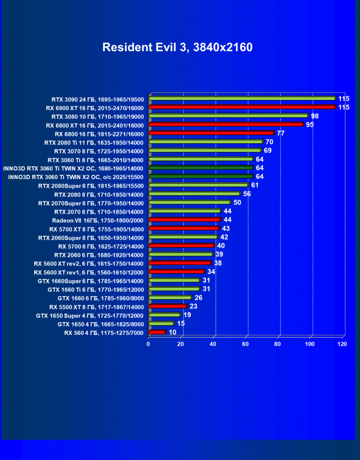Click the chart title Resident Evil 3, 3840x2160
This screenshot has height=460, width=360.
click(x=178, y=47)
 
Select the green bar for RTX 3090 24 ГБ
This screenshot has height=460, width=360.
click(x=242, y=99)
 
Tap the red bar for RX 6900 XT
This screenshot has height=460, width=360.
click(x=242, y=107)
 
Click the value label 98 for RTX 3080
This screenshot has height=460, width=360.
click(x=315, y=116)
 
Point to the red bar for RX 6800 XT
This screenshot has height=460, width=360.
click(x=226, y=125)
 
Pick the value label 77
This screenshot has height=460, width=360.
click(x=280, y=133)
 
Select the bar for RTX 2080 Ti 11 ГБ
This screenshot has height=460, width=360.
click(x=206, y=142)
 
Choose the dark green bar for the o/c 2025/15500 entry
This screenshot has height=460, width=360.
click(x=201, y=176)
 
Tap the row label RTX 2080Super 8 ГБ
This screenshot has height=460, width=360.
click(x=90, y=186)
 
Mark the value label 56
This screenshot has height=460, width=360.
click(x=247, y=194)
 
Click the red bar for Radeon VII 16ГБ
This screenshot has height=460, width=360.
click(x=185, y=220)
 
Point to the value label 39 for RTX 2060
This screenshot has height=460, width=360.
click(x=219, y=254)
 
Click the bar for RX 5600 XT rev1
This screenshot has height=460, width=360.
click(x=177, y=271)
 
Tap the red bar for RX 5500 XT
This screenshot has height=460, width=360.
click(x=168, y=306)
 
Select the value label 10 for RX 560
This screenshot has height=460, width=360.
click(x=172, y=332)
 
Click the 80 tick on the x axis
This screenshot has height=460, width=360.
click(x=278, y=344)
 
